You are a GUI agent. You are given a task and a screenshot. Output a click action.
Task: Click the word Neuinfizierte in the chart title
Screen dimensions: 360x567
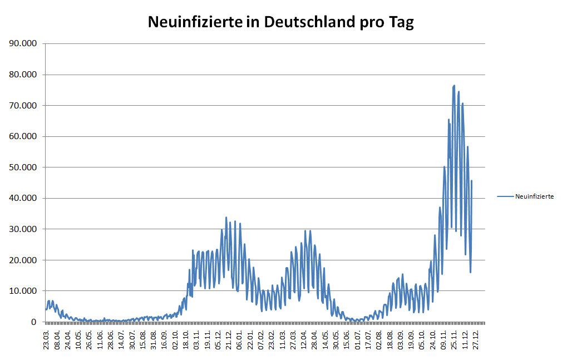195,22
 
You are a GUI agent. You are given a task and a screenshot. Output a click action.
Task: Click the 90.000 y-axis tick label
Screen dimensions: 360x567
23,43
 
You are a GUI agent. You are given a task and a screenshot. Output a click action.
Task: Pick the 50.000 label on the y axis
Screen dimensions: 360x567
23,167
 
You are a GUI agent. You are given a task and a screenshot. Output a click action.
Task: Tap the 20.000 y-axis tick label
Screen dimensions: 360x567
23,260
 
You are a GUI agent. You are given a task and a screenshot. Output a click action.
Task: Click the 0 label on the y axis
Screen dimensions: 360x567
33,322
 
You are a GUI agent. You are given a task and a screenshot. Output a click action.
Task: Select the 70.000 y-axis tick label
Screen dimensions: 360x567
23,105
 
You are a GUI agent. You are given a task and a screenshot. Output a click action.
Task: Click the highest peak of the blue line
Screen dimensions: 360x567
454,86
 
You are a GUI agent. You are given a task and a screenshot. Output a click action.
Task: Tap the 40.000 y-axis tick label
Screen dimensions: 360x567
23,198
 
